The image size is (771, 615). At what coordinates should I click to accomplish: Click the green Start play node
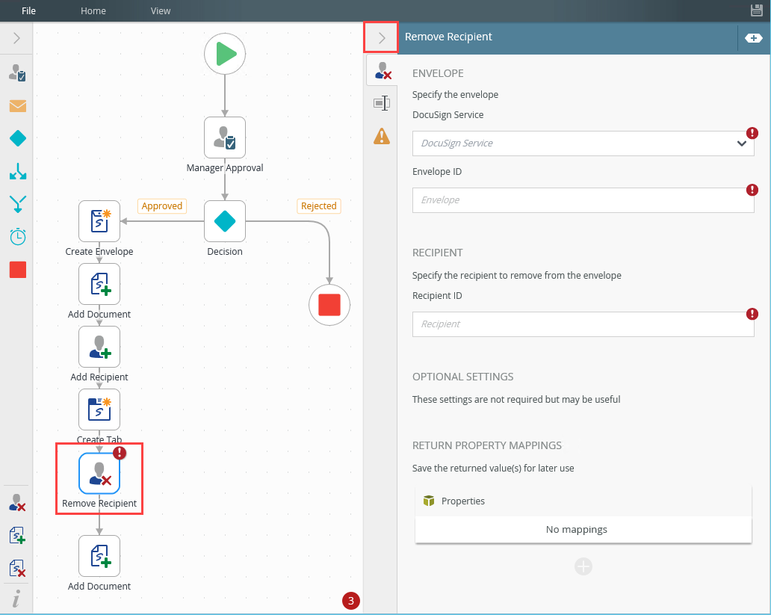(225, 54)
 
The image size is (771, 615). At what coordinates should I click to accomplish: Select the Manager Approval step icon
(225, 137)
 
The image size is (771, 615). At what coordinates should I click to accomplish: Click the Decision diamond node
(225, 221)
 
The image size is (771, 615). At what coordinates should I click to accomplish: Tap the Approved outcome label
(162, 205)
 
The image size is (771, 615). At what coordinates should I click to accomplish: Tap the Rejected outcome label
(318, 205)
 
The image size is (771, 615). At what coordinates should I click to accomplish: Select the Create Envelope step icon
(99, 221)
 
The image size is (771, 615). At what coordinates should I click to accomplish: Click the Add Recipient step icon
(99, 347)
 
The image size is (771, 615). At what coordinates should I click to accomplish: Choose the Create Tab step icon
(99, 410)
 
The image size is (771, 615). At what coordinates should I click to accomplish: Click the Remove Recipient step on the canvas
(99, 473)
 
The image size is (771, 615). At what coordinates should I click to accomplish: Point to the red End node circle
(329, 305)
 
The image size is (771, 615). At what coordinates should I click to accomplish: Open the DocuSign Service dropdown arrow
(742, 143)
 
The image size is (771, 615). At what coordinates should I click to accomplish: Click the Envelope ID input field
(583, 200)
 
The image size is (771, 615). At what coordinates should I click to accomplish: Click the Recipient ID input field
(583, 324)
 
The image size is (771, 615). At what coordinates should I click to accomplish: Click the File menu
(28, 10)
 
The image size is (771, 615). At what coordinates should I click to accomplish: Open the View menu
(161, 10)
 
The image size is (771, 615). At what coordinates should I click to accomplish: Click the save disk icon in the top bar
(757, 10)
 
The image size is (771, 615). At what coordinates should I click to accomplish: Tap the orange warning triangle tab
(382, 136)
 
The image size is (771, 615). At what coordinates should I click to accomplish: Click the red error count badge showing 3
(351, 600)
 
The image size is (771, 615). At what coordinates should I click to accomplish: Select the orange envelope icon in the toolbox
(18, 106)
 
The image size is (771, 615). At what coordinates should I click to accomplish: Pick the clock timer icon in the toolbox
(18, 237)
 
